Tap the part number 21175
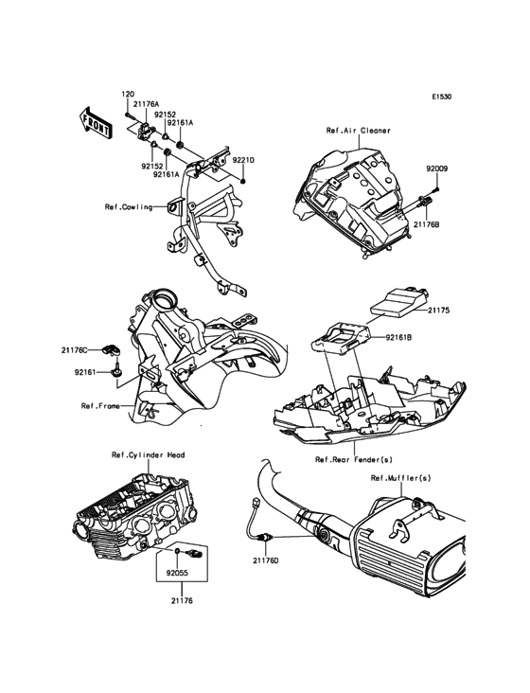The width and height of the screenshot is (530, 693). pyautogui.click(x=439, y=311)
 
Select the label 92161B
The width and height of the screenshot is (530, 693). pyautogui.click(x=398, y=337)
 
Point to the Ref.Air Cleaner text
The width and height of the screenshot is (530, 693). pyautogui.click(x=359, y=131)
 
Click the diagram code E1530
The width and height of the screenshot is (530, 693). pyautogui.click(x=442, y=97)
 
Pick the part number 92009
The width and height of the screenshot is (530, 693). pyautogui.click(x=437, y=169)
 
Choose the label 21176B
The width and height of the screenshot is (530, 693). pyautogui.click(x=426, y=224)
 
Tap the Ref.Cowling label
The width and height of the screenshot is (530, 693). pyautogui.click(x=129, y=206)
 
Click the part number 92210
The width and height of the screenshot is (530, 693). pyautogui.click(x=243, y=160)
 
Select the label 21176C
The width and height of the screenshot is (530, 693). pyautogui.click(x=74, y=350)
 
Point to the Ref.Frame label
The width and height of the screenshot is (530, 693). pyautogui.click(x=100, y=405)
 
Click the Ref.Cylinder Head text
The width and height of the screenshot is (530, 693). pyautogui.click(x=148, y=454)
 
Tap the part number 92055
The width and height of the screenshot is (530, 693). pyautogui.click(x=177, y=573)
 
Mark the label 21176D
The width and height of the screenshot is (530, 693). pyautogui.click(x=266, y=560)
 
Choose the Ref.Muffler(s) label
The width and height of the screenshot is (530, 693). pyautogui.click(x=401, y=478)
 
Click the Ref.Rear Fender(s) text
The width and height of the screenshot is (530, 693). pyautogui.click(x=354, y=460)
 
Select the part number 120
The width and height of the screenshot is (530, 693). pyautogui.click(x=128, y=94)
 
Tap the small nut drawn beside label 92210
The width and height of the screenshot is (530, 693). pyautogui.click(x=243, y=182)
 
